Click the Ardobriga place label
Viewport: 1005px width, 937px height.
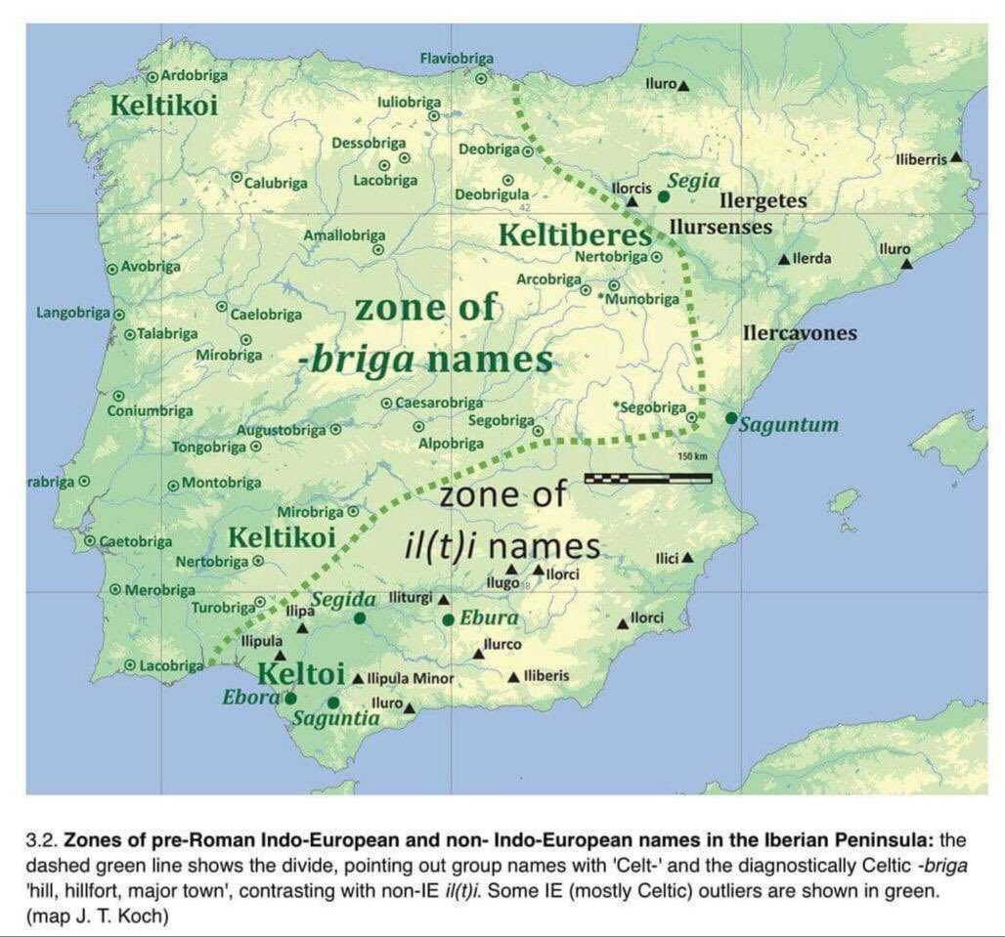[x=194, y=74]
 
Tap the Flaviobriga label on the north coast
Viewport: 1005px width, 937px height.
[x=457, y=59]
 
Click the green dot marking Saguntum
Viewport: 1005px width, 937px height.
[x=731, y=418]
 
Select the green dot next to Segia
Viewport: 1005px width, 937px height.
[x=665, y=196]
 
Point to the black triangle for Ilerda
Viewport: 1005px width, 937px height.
[x=785, y=259]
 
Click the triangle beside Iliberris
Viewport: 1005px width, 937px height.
[x=955, y=156]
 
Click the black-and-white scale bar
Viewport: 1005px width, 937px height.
[x=647, y=478]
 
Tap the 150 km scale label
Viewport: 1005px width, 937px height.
[x=691, y=457]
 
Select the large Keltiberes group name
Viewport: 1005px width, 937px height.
[x=574, y=235]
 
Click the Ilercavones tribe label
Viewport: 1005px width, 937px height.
[x=800, y=333]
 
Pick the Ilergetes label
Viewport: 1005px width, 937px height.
[x=763, y=201]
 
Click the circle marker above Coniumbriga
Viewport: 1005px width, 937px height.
[x=117, y=396]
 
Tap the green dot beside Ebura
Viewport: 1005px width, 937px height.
[x=448, y=619]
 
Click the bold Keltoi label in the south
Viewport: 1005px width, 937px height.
[x=301, y=673]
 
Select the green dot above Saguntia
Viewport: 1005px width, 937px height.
[x=333, y=703]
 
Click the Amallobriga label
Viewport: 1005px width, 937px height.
[x=344, y=235]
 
